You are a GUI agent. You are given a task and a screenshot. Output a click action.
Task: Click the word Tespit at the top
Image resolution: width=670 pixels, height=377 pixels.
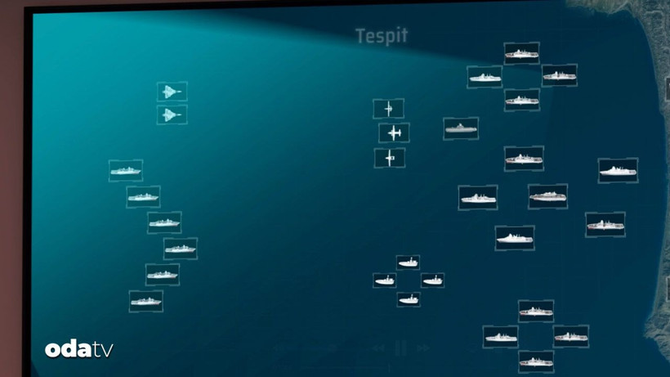[x=382, y=36]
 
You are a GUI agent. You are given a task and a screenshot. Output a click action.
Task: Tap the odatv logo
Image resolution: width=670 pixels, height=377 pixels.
[x=79, y=349]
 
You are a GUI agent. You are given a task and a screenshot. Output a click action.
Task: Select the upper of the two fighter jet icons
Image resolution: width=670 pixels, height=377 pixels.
[x=172, y=92]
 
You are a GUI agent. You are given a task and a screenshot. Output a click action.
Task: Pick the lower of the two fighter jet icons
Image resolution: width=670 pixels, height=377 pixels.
[x=172, y=114]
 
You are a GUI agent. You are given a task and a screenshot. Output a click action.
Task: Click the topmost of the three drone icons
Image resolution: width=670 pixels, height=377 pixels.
[x=388, y=109]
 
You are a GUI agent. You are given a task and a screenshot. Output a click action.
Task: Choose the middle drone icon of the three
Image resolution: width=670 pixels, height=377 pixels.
[x=394, y=133]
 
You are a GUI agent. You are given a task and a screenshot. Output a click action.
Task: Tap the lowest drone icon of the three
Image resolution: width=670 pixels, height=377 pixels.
[x=390, y=158]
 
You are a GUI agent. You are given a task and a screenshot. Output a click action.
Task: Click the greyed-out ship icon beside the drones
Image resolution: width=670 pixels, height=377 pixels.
[x=461, y=128]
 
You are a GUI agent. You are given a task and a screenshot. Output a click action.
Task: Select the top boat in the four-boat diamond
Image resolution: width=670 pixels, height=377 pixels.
[x=408, y=262]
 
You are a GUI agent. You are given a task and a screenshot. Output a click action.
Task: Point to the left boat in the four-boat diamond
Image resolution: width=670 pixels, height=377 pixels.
[x=385, y=280]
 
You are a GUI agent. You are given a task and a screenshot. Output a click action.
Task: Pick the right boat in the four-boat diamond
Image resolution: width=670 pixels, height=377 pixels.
[x=432, y=280]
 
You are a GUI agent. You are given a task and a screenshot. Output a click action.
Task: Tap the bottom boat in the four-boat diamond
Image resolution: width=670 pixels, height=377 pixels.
[x=409, y=299]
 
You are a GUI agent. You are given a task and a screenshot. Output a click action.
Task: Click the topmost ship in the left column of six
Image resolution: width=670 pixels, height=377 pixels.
[x=126, y=171]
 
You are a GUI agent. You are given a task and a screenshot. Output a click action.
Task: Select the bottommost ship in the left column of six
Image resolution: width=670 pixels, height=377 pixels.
[x=145, y=301]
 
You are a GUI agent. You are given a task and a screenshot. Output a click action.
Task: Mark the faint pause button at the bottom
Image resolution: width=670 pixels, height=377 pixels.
[x=400, y=348]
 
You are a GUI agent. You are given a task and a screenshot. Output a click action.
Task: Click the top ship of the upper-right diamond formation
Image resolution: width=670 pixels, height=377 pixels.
[x=521, y=53]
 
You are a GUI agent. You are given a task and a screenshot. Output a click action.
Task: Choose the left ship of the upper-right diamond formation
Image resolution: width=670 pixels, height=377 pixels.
[x=485, y=77]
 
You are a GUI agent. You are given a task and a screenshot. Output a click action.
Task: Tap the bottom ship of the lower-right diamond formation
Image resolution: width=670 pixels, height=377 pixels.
[x=536, y=361]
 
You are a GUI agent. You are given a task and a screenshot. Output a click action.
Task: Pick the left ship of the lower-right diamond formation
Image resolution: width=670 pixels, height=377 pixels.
[x=500, y=337]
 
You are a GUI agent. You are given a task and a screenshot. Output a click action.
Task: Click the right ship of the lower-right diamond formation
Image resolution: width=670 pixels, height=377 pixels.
[x=571, y=336]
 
